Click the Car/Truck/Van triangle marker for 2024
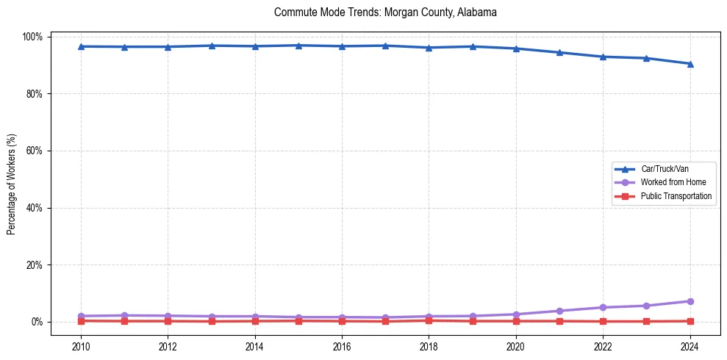(x=690, y=64)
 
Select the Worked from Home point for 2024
(x=690, y=301)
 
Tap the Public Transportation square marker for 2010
(x=81, y=321)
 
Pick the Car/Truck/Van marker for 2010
(x=81, y=46)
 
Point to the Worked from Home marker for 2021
(x=559, y=311)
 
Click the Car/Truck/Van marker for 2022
(x=603, y=57)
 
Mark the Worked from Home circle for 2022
(x=603, y=307)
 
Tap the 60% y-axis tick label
(x=35, y=151)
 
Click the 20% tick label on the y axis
(x=35, y=264)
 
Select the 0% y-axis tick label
(x=37, y=322)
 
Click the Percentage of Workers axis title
(x=12, y=184)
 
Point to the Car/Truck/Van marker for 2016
(x=342, y=46)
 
